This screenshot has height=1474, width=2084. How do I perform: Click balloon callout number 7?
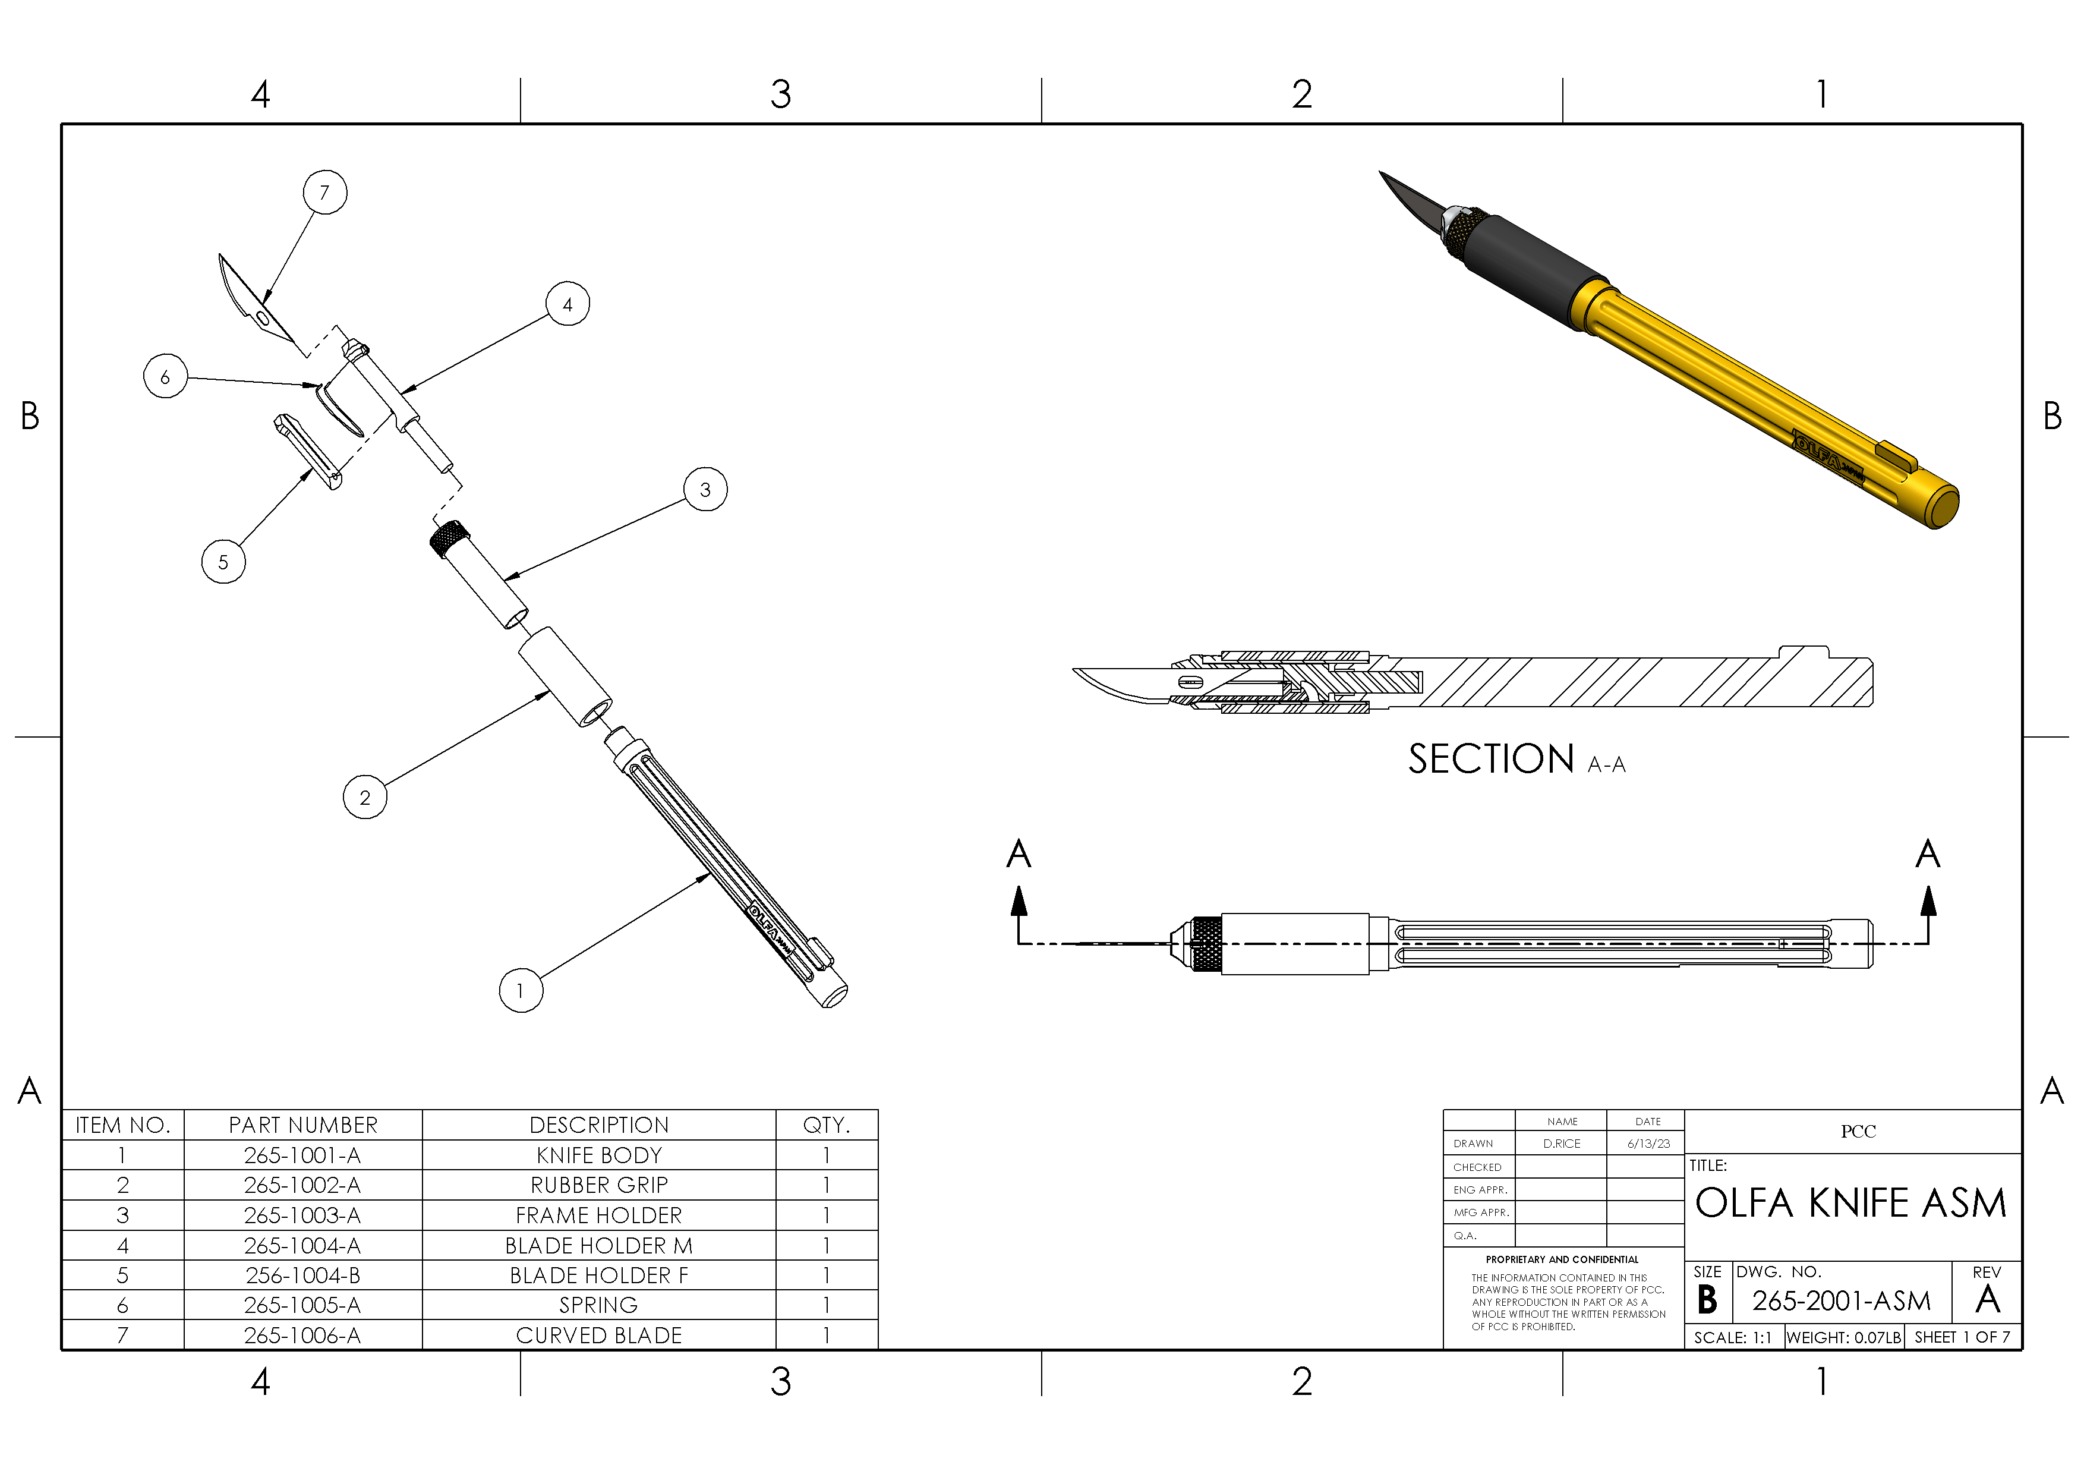tap(325, 193)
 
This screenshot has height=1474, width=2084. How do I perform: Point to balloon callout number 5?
tap(223, 562)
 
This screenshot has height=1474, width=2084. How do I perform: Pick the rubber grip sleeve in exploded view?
tap(565, 676)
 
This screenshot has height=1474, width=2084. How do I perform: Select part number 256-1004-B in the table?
tap(303, 1275)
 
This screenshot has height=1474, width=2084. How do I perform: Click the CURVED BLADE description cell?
tap(598, 1335)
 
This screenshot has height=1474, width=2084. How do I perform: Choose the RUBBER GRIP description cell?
tap(598, 1185)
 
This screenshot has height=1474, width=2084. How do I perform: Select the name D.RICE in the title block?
tap(1561, 1144)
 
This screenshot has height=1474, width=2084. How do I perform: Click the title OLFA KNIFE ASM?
tap(1850, 1204)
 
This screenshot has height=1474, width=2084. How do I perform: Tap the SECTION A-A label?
tap(1516, 760)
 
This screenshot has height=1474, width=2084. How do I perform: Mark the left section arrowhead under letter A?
tap(1019, 900)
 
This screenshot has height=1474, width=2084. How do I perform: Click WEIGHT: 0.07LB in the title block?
tap(1843, 1337)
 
